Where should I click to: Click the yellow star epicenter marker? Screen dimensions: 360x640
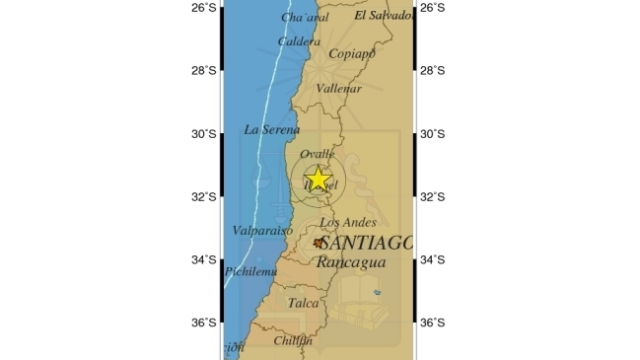[318, 179]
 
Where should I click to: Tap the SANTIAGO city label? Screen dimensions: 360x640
[366, 243]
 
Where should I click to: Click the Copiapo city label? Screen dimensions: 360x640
[353, 54]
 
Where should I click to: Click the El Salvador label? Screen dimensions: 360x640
[382, 16]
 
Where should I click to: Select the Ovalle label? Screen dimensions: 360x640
[318, 154]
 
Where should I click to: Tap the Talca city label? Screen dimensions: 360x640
[303, 304]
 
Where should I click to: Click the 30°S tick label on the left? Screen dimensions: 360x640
[204, 133]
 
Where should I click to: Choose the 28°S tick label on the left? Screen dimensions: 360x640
[204, 70]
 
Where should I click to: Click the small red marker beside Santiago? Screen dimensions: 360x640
[319, 242]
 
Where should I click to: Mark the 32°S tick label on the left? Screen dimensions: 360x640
[204, 196]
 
